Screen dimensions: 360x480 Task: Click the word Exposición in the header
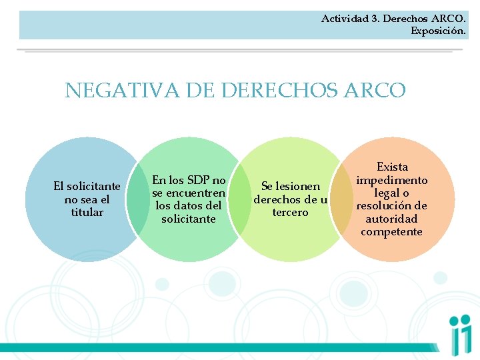click(438, 31)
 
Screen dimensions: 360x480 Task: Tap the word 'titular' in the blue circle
click(87, 212)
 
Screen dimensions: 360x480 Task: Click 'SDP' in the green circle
click(199, 180)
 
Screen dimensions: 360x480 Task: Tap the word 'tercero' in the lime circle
click(291, 212)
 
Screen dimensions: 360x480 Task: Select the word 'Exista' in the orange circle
click(392, 167)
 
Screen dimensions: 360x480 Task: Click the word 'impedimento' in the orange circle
click(392, 180)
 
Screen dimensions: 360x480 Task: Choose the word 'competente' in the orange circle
click(392, 231)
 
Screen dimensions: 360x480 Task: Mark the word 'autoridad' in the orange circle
click(392, 219)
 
